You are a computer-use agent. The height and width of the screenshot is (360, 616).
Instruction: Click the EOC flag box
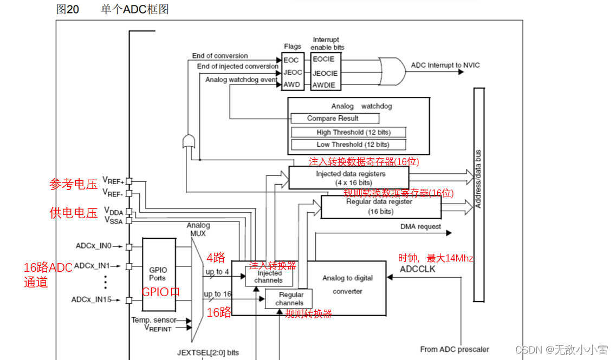tap(291, 60)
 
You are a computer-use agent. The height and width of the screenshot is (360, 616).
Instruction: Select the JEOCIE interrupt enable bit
tap(325, 73)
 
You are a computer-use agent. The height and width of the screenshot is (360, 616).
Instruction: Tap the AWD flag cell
tap(291, 85)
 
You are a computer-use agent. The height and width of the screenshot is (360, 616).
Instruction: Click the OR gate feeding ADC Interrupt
tap(392, 71)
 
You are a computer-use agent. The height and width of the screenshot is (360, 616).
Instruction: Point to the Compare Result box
tap(333, 118)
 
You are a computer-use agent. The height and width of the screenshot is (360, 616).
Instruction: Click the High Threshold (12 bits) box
tap(348, 132)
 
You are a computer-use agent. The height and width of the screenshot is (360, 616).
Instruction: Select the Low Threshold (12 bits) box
tap(348, 145)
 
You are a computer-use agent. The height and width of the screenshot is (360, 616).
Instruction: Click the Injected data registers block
tap(348, 178)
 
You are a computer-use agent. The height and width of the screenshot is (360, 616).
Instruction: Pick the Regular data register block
tap(381, 206)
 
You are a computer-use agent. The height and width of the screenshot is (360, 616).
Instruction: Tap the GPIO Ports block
tap(158, 273)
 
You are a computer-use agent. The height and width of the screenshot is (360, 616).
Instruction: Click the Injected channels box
tap(269, 277)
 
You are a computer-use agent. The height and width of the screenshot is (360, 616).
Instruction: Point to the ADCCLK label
tap(417, 269)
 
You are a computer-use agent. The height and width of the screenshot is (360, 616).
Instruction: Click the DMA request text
tap(420, 227)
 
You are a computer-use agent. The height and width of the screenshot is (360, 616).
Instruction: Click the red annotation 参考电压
tap(73, 185)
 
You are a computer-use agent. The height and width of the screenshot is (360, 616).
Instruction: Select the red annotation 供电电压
tap(73, 213)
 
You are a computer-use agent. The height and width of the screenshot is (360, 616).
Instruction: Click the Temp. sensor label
tap(153, 320)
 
